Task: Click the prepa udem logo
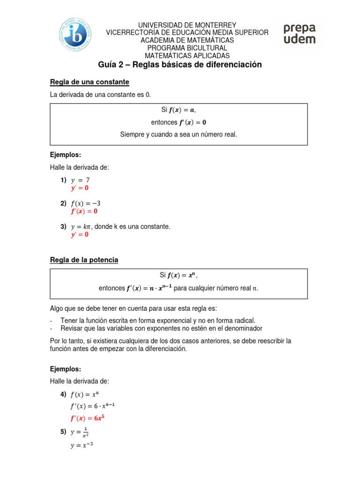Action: point(299,34)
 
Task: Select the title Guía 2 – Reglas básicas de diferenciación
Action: point(180,65)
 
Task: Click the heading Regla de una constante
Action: point(90,82)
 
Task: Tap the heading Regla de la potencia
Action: point(84,260)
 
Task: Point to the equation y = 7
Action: point(80,180)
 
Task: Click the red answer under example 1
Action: point(80,188)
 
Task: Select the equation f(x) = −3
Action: point(86,203)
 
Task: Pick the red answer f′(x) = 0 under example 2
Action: point(84,211)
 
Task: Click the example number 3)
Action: point(63,226)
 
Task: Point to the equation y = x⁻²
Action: point(82,446)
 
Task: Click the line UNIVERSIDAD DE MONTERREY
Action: point(187,25)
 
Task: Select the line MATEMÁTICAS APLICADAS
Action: point(187,55)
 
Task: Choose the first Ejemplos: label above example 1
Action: point(66,154)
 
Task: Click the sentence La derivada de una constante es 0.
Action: point(101,95)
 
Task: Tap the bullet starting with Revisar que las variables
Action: point(161,328)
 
